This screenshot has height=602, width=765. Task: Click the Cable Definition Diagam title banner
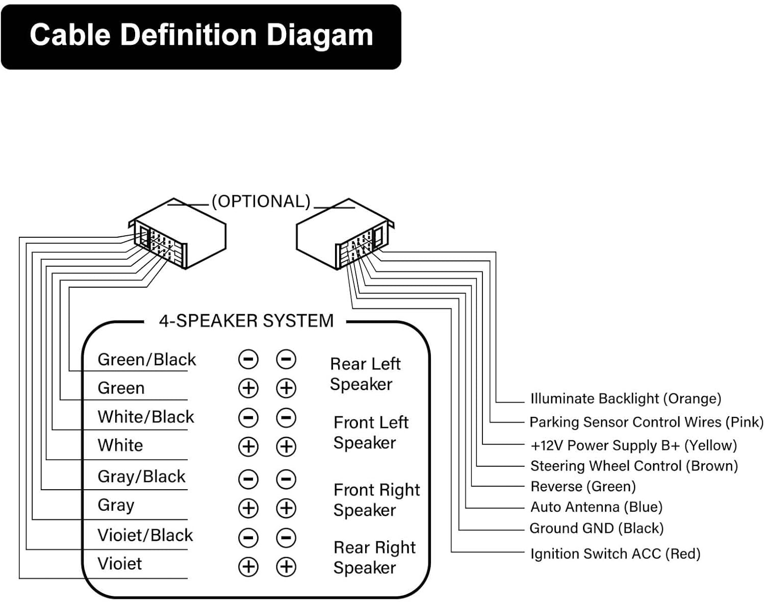pyautogui.click(x=201, y=37)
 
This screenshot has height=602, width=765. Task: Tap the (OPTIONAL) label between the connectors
pyautogui.click(x=261, y=201)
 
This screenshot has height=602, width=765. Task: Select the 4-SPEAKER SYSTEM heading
pyautogui.click(x=246, y=321)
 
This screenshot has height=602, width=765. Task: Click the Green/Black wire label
pyautogui.click(x=147, y=360)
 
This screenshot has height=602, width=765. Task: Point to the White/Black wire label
pyautogui.click(x=146, y=417)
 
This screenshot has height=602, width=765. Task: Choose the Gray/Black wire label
pyautogui.click(x=141, y=477)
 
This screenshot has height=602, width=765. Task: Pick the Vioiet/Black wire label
pyautogui.click(x=145, y=535)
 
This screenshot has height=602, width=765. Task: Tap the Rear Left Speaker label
pyautogui.click(x=365, y=374)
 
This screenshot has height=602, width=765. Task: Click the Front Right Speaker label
pyautogui.click(x=377, y=500)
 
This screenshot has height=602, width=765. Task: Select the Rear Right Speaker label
pyautogui.click(x=374, y=558)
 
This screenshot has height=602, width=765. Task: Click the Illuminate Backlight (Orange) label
pyautogui.click(x=626, y=399)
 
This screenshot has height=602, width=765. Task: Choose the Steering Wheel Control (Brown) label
pyautogui.click(x=634, y=466)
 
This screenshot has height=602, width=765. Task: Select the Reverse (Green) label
pyautogui.click(x=583, y=486)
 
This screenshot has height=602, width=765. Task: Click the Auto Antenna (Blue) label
pyautogui.click(x=597, y=507)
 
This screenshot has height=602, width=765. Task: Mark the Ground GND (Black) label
pyautogui.click(x=597, y=529)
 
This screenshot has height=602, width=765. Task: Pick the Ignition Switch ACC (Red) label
pyautogui.click(x=616, y=554)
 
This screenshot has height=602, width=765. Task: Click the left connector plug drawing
pyautogui.click(x=177, y=234)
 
